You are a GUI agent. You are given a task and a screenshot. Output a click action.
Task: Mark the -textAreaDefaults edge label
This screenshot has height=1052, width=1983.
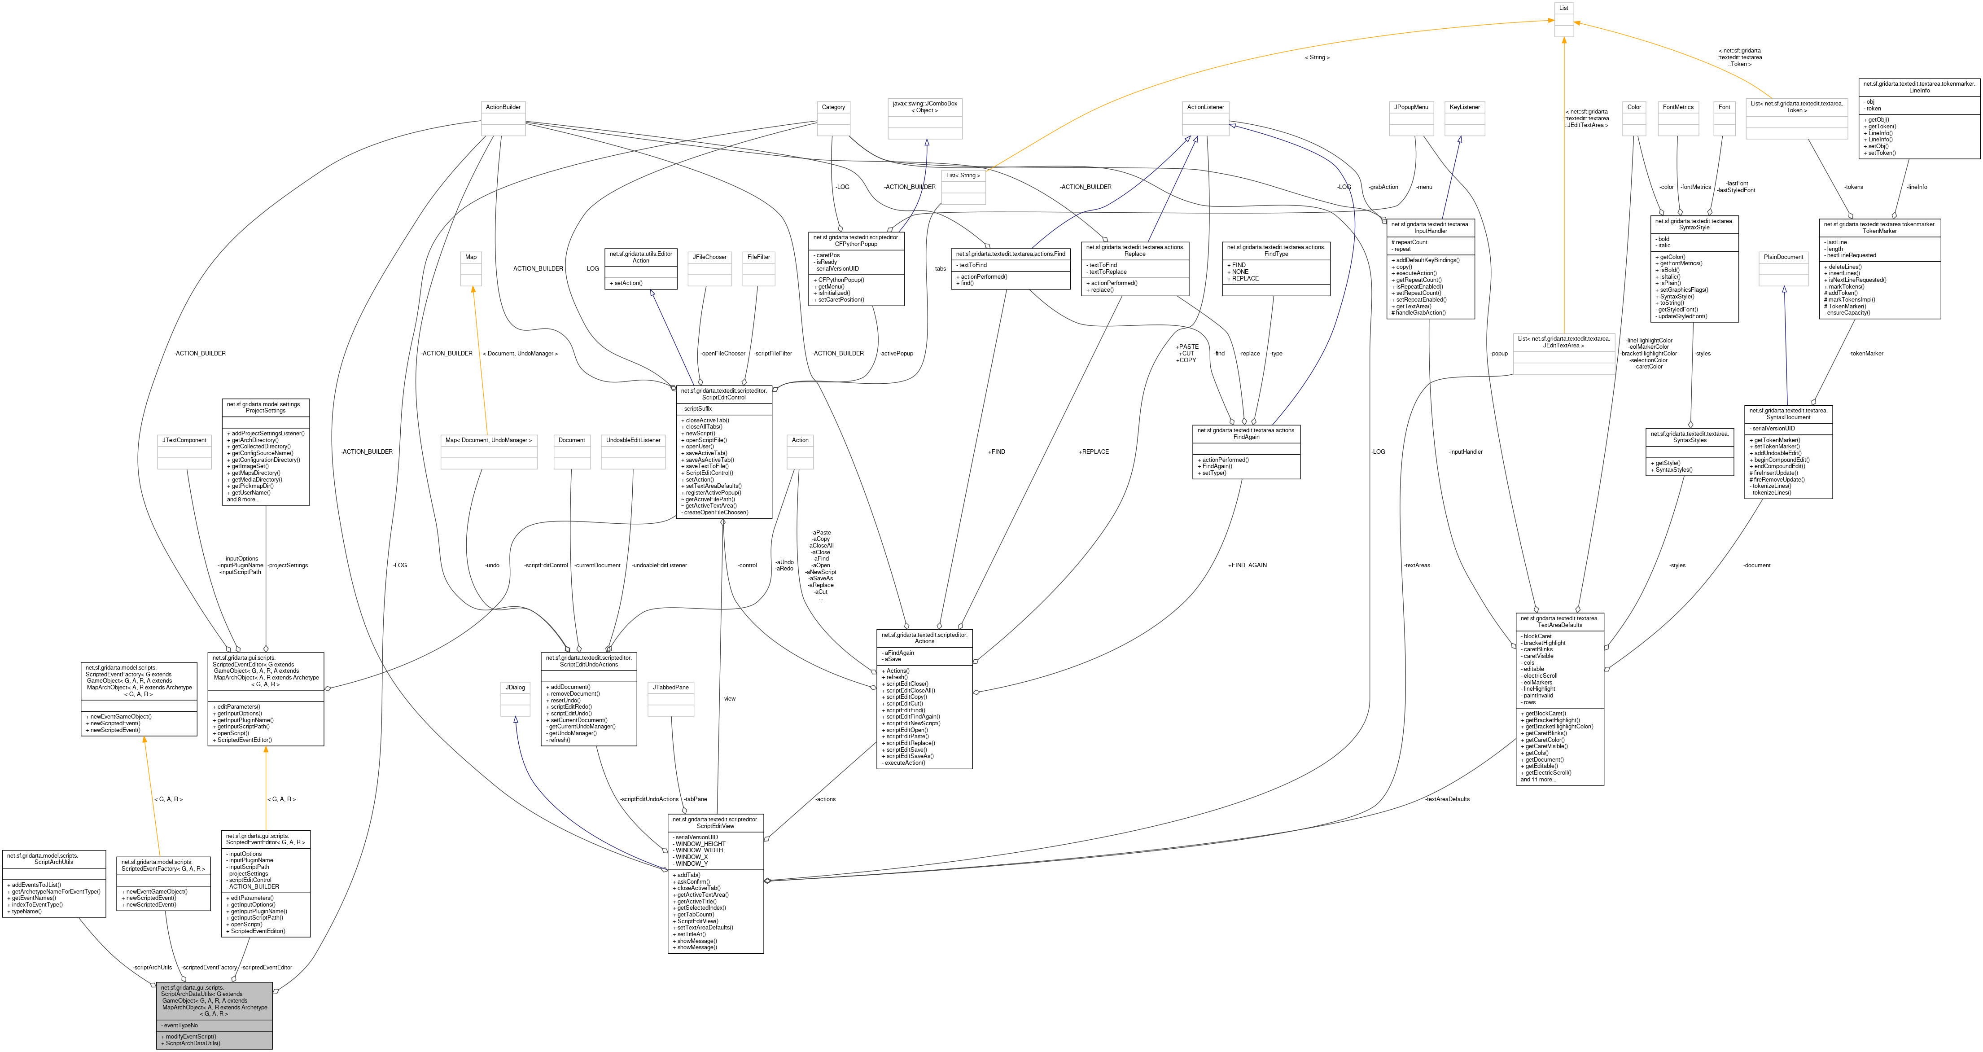[x=1447, y=799]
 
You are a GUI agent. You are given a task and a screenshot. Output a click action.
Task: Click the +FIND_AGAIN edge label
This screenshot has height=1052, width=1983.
[x=1247, y=565]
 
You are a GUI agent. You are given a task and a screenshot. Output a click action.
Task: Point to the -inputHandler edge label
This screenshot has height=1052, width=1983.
[x=1465, y=452]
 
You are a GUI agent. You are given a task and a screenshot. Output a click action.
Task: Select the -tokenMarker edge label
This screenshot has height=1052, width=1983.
[x=1866, y=354]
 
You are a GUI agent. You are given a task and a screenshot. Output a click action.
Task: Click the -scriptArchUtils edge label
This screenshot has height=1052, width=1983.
[x=153, y=967]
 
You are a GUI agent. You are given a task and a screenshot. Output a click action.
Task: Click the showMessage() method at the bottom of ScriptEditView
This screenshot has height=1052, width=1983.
[x=696, y=947]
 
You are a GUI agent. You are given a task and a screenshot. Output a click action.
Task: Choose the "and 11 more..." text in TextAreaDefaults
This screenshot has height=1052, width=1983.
[x=1538, y=780]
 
